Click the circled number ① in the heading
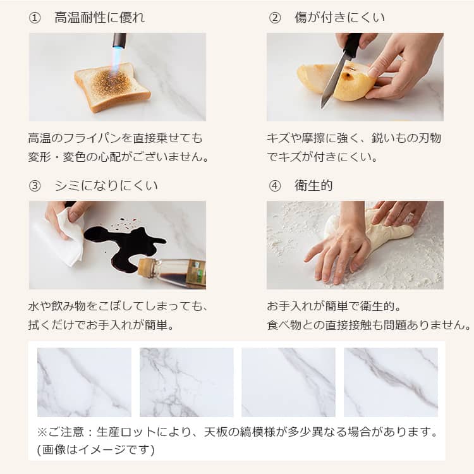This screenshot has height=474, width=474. (35, 18)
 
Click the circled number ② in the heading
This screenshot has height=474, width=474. (275, 18)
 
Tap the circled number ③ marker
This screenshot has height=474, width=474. (35, 186)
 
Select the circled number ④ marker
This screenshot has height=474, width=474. (275, 186)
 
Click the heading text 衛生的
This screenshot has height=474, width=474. (313, 185)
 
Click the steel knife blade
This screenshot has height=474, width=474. (334, 80)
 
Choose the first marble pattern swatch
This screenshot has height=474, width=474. (84, 382)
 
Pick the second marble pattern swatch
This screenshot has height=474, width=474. (186, 382)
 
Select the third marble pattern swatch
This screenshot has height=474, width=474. (288, 382)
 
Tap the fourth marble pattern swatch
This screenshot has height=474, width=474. (391, 382)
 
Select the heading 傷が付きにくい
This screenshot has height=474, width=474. (339, 18)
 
